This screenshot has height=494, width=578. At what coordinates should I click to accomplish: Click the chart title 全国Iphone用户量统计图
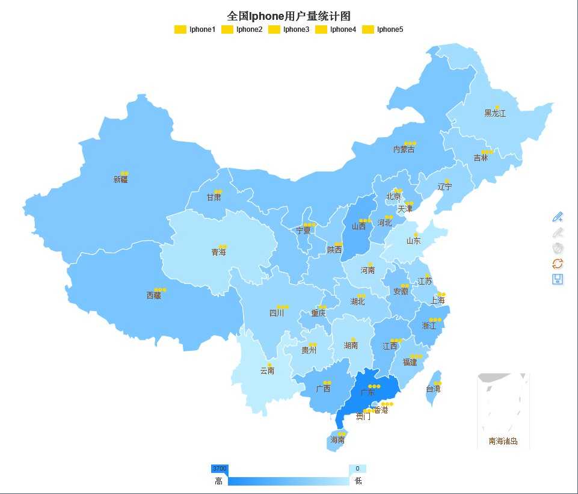[289, 16]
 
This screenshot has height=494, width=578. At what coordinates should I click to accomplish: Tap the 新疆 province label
[121, 179]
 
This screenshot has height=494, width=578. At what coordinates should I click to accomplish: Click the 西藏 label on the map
[154, 295]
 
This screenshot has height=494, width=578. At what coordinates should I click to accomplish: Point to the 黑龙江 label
[495, 113]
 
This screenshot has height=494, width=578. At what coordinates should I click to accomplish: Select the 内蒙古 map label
[404, 149]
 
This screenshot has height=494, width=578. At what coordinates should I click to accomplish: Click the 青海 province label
[218, 252]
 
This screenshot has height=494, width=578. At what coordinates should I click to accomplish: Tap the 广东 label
[367, 392]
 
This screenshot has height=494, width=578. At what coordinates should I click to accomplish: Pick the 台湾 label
[433, 389]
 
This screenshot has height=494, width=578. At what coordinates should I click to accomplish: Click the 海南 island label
[337, 440]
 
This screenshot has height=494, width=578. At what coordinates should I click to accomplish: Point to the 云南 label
[267, 371]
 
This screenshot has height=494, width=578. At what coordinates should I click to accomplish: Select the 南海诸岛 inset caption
[503, 441]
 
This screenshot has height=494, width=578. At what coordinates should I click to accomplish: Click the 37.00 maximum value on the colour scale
[220, 469]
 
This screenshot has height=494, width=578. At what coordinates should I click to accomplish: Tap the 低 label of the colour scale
[358, 481]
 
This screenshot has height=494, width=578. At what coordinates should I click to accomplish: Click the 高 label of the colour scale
[219, 481]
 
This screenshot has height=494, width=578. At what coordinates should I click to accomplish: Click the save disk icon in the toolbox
[558, 279]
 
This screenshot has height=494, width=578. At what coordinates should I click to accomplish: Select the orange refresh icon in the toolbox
[558, 264]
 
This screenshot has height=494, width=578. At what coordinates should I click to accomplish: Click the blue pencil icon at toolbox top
[558, 217]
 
